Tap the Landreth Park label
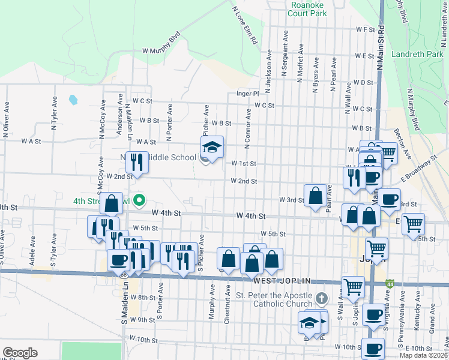pyautogui.click(x=417, y=54)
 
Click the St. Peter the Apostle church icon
pyautogui.click(x=322, y=298)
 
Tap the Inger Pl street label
pyautogui.click(x=247, y=94)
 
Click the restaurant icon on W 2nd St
pyautogui.click(x=137, y=161)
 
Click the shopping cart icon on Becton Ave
pyautogui.click(x=388, y=154)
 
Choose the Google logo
pyautogui.click(x=20, y=353)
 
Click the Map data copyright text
pyautogui.click(x=423, y=355)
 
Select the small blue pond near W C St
pyautogui.click(x=73, y=99)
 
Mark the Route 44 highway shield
pyautogui.click(x=390, y=283)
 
